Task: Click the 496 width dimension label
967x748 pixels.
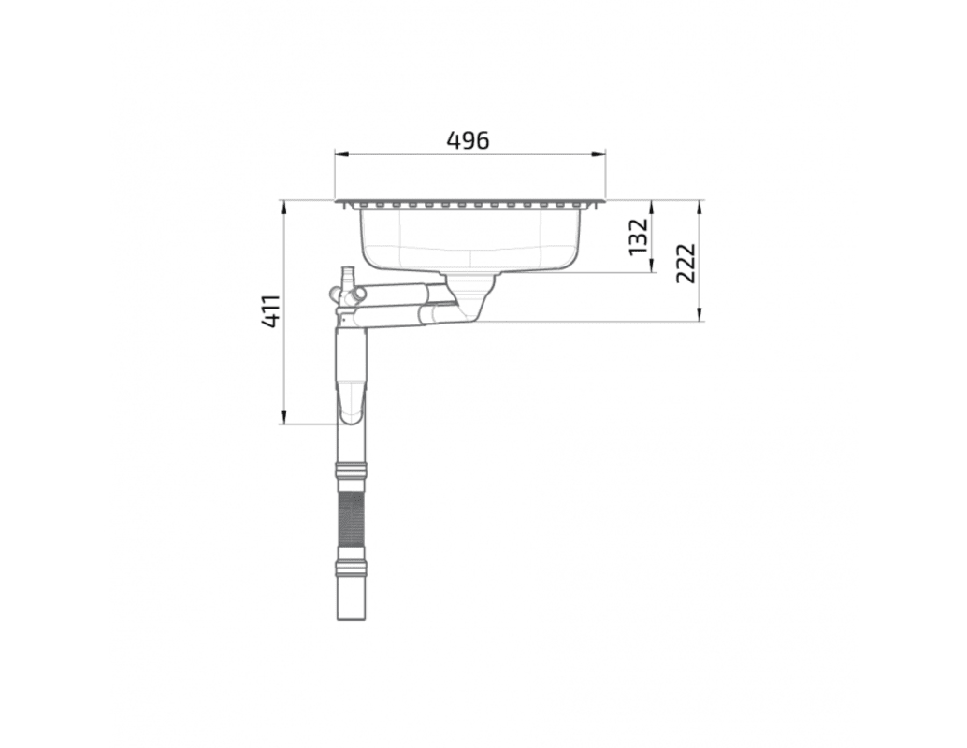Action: pyautogui.click(x=469, y=140)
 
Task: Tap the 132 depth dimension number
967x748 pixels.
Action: pyautogui.click(x=639, y=237)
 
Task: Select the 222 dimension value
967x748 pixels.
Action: pyautogui.click(x=686, y=264)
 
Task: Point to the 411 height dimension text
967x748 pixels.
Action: pyautogui.click(x=271, y=311)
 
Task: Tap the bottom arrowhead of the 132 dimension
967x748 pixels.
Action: pyautogui.click(x=652, y=266)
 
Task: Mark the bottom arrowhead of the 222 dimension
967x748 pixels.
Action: pyautogui.click(x=700, y=315)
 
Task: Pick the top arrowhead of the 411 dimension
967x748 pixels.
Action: pyautogui.click(x=284, y=207)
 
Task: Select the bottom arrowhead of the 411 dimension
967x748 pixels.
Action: pyautogui.click(x=284, y=417)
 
